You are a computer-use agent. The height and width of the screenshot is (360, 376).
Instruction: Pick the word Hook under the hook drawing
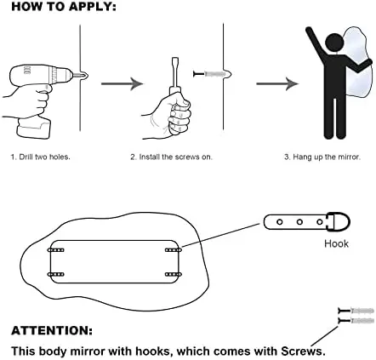[x=336, y=243]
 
